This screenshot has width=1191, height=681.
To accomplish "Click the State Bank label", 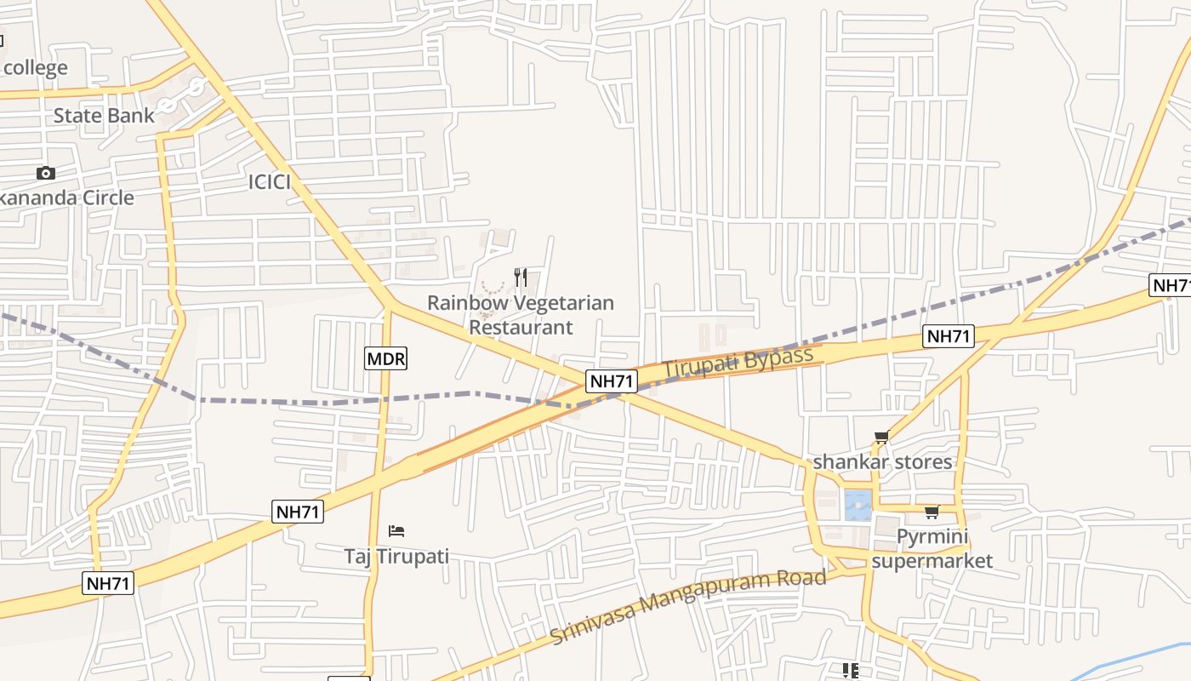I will [104, 115].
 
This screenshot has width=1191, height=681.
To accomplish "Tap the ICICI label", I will [270, 181].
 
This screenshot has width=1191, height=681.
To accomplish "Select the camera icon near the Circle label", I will [46, 174].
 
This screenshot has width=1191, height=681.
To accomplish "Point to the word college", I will [35, 67].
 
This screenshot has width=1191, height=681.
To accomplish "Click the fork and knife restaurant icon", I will [521, 277].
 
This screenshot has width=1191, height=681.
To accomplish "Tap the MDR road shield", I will [385, 358].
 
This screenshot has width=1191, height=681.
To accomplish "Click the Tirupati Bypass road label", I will [738, 363].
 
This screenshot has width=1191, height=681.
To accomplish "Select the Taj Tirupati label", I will [396, 557].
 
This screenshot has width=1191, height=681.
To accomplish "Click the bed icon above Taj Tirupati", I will [396, 531].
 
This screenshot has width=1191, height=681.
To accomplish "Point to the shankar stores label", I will [882, 462].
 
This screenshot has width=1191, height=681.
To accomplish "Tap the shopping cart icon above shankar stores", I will [881, 438].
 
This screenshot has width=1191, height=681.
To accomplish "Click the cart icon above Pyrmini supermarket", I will [932, 512].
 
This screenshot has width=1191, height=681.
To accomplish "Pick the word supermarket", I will [932, 561].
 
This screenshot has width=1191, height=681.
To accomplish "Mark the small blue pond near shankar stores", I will [858, 505].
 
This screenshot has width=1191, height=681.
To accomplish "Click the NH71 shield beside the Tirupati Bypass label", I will [612, 381].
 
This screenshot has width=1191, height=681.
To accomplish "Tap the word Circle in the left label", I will [101, 197].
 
